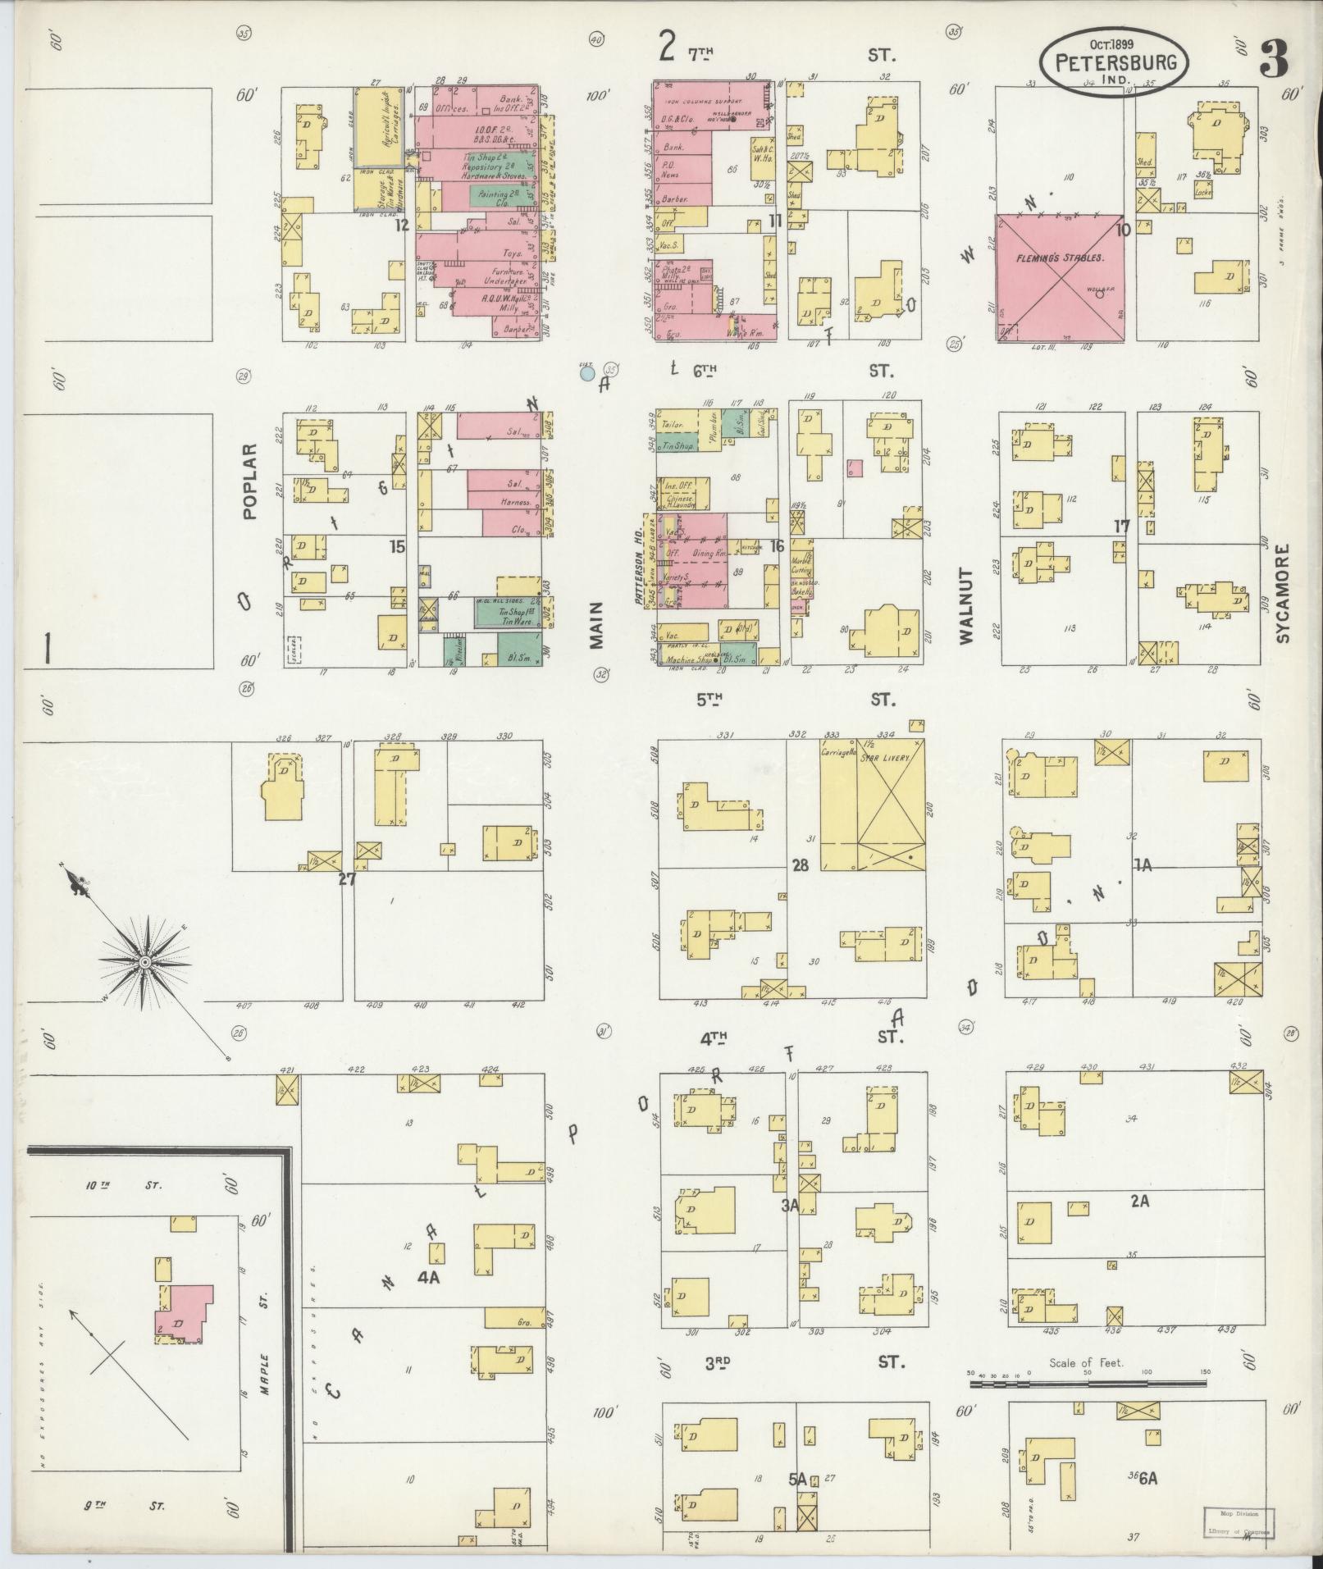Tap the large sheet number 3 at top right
pyautogui.click(x=1273, y=58)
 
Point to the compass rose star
pyautogui.click(x=144, y=960)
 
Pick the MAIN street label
pyautogui.click(x=596, y=625)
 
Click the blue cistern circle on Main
pyautogui.click(x=587, y=374)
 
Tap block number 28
pyautogui.click(x=801, y=864)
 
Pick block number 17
pyautogui.click(x=1122, y=526)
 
